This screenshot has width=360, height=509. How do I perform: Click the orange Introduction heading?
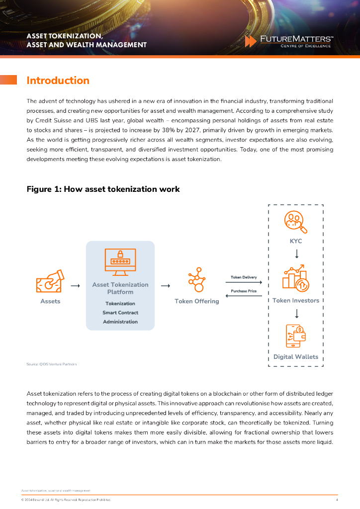(58, 81)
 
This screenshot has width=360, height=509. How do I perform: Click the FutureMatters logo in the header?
(289, 41)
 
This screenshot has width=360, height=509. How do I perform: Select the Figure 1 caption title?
(103, 189)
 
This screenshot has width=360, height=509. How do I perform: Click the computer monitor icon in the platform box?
(120, 261)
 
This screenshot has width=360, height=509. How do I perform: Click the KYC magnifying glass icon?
(295, 222)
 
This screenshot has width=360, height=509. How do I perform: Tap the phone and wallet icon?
(295, 336)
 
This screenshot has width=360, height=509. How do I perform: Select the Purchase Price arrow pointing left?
(244, 296)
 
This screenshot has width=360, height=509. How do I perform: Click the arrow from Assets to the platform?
(76, 286)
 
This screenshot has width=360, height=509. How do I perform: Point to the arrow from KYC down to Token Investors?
(297, 254)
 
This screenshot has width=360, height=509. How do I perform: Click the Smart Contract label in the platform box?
(120, 313)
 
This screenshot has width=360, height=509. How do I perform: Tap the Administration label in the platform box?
(120, 322)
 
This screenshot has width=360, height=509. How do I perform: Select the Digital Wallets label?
(296, 357)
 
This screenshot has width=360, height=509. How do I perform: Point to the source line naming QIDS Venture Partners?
(52, 364)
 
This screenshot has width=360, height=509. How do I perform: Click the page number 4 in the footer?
(337, 500)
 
